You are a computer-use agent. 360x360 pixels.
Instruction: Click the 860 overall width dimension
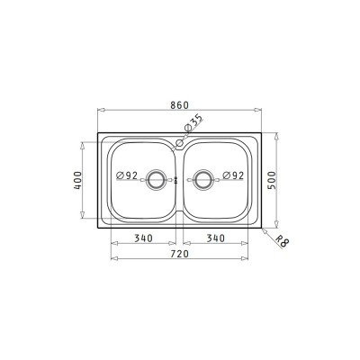click(179, 105)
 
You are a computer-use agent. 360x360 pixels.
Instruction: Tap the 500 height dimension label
click(271, 180)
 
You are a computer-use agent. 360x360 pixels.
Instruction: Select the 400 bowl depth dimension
click(77, 180)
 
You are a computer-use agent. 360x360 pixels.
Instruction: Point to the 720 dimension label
click(180, 254)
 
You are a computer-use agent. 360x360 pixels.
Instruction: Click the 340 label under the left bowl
click(143, 238)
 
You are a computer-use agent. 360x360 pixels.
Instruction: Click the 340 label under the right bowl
click(215, 238)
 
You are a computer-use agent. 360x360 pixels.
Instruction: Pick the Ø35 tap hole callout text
click(193, 122)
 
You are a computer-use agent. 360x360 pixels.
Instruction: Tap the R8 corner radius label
click(281, 241)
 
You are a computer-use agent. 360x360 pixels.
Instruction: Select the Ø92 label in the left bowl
click(127, 175)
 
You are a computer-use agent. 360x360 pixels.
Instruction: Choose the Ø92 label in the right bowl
click(233, 175)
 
